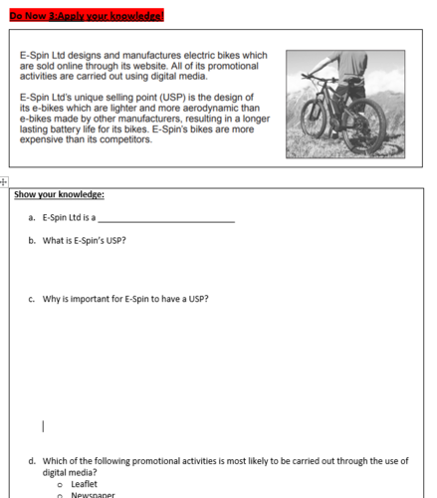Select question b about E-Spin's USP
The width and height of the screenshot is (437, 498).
tap(84, 241)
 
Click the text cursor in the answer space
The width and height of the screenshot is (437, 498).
tap(43, 427)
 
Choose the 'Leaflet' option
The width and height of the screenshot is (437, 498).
tap(85, 483)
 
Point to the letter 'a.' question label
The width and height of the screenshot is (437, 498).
tap(33, 217)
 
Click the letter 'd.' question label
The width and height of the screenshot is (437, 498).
tap(33, 460)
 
